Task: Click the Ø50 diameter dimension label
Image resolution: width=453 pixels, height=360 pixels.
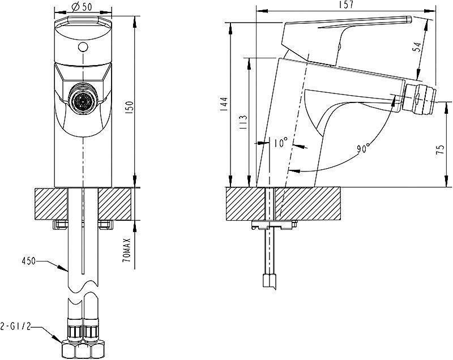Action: tap(82, 6)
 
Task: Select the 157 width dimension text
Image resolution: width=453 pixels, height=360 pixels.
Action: tap(345, 5)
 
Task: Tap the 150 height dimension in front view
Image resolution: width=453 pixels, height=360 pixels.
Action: tap(129, 108)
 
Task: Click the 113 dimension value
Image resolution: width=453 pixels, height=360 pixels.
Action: tap(243, 122)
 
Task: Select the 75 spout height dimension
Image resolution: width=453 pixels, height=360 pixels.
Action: tap(440, 150)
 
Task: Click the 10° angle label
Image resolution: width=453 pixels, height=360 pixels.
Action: tap(280, 142)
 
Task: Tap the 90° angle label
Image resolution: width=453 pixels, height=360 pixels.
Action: tap(363, 148)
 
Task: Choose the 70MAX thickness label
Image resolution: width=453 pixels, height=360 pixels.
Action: tap(127, 250)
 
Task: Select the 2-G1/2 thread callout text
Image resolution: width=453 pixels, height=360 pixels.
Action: tap(15, 327)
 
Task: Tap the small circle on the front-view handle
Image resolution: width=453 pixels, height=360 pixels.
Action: tap(83, 47)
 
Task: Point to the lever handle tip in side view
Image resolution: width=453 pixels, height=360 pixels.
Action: tap(408, 19)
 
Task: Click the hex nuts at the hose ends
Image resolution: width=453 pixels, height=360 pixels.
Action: tap(83, 349)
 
